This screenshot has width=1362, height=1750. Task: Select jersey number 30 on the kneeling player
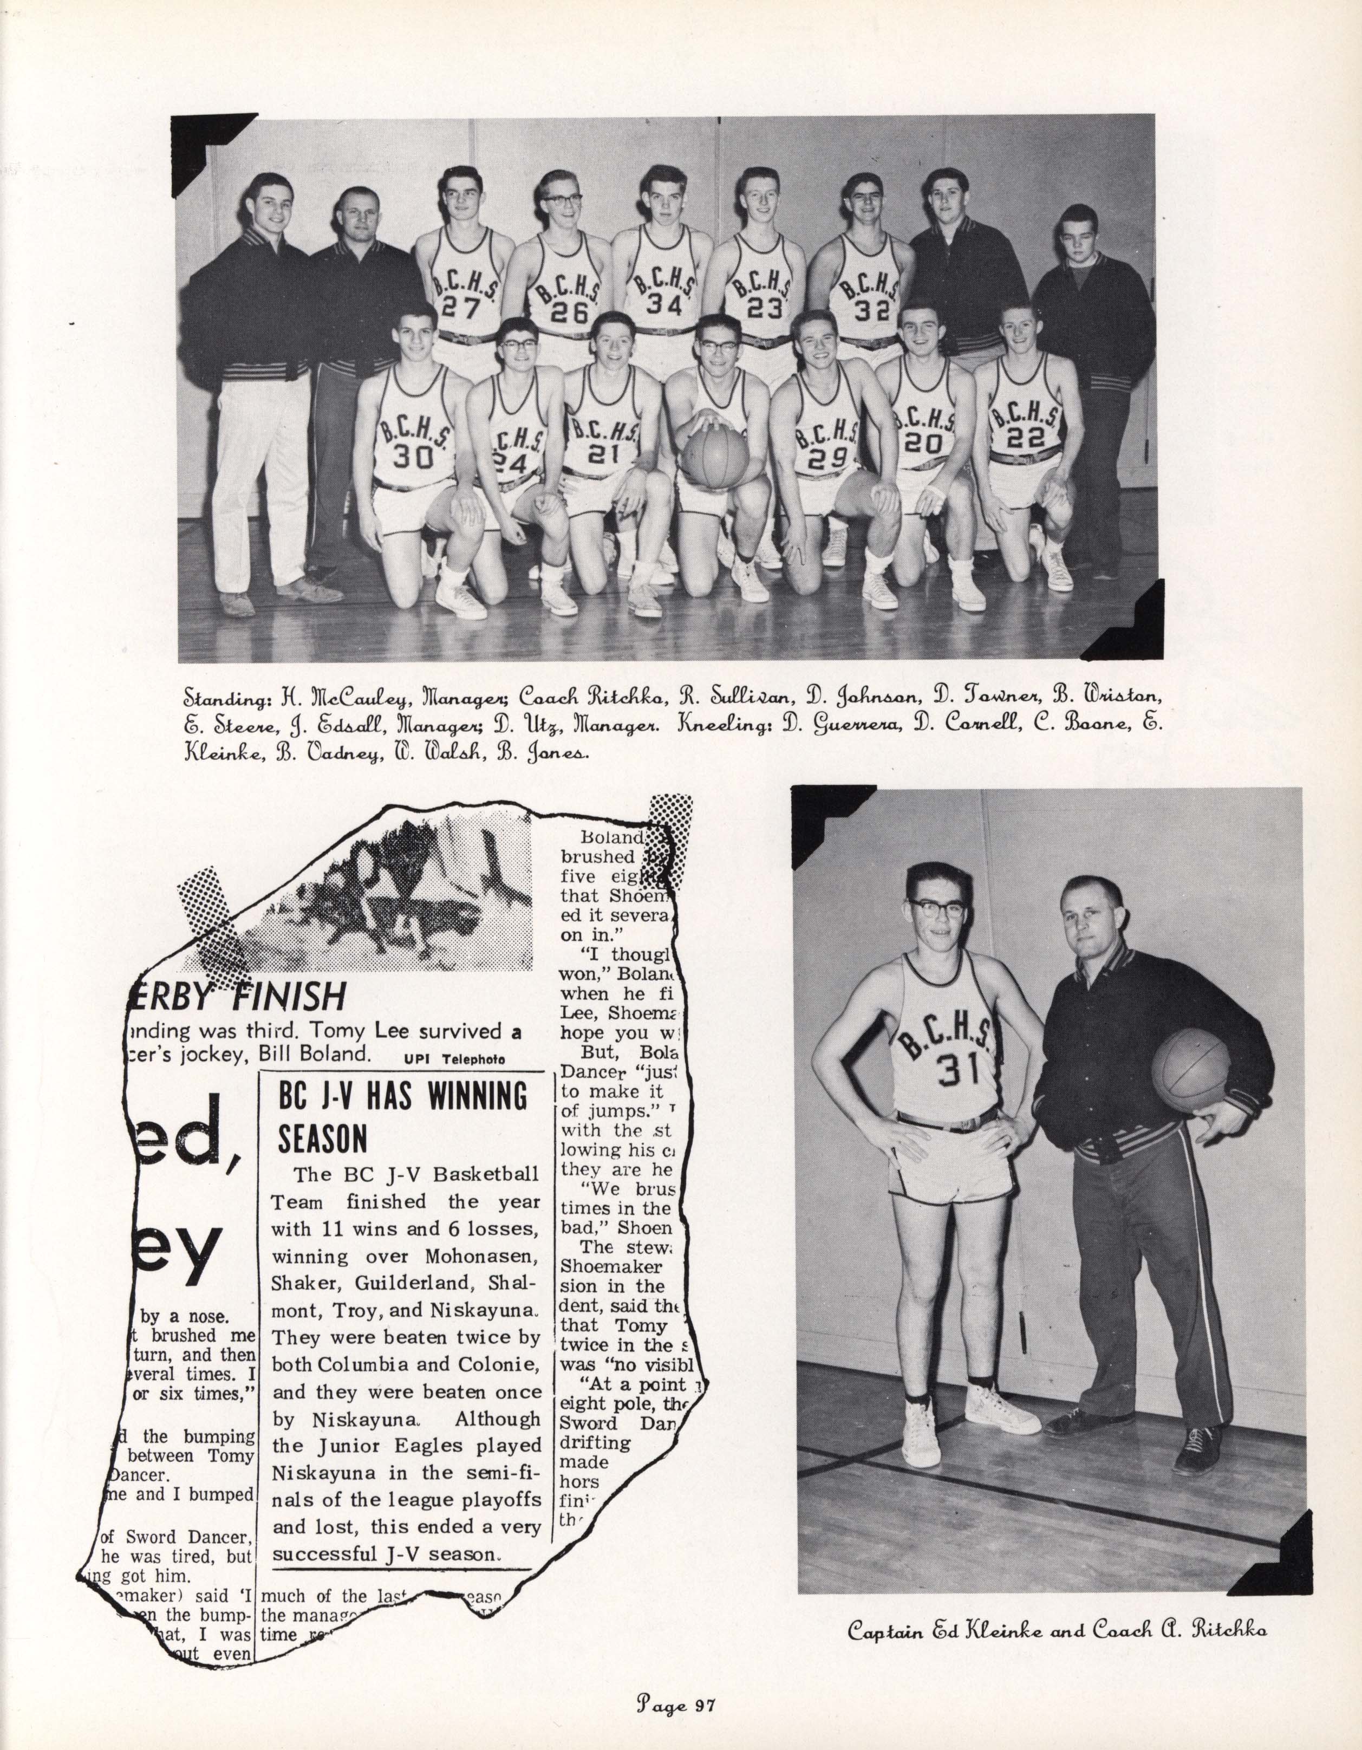click(x=413, y=455)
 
